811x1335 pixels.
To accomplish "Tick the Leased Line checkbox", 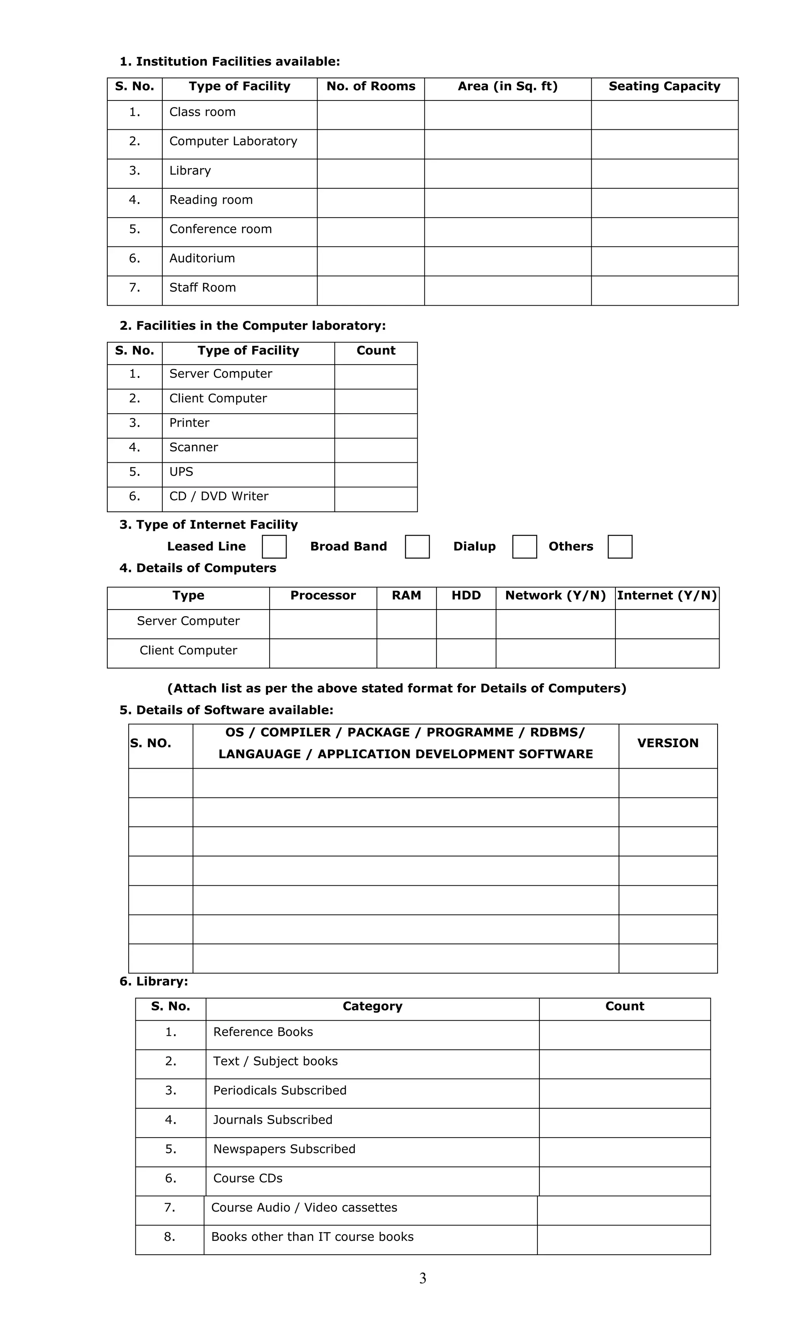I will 274,546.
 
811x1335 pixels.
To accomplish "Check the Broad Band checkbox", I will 417,546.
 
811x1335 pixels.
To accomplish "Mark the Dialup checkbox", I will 524,546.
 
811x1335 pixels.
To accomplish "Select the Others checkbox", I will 620,546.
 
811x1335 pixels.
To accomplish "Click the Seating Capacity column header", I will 664,87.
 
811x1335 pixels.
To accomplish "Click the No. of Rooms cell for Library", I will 370,173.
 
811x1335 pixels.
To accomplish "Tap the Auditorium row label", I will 202,258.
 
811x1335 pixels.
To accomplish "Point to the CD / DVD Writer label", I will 219,496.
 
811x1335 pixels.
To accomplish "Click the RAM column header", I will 406,595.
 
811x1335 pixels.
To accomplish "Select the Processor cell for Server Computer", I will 323,624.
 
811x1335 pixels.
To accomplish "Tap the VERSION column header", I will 667,743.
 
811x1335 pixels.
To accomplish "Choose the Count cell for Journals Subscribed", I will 624,1122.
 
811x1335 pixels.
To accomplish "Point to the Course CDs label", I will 248,1178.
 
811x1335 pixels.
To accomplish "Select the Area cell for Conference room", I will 507,232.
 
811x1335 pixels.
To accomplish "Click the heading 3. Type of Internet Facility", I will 208,524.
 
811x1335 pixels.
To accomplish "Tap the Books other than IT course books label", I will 312,1236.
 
